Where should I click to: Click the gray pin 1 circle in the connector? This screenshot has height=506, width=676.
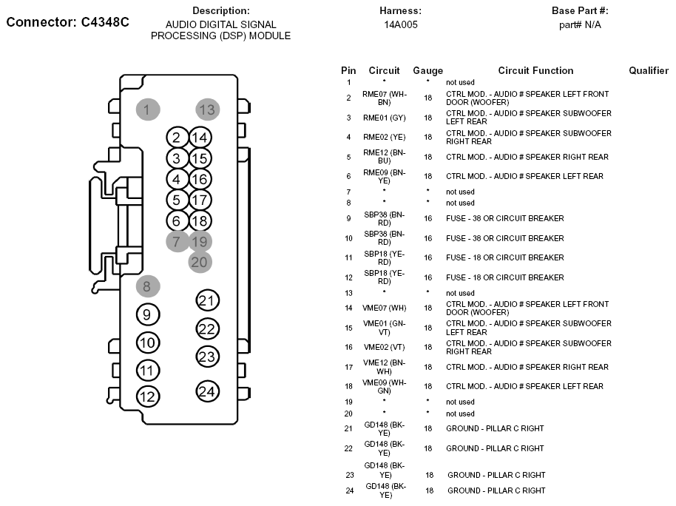[x=148, y=109]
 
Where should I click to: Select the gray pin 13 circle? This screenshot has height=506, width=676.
[x=208, y=109]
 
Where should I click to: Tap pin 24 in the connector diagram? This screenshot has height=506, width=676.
[x=207, y=391]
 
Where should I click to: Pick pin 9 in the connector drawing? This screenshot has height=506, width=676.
[x=148, y=315]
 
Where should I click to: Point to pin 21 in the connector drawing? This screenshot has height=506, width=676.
[x=207, y=300]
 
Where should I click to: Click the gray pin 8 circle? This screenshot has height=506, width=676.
[x=148, y=286]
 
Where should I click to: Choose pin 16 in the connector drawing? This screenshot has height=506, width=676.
[x=200, y=180]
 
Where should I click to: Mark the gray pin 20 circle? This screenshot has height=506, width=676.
[x=200, y=262]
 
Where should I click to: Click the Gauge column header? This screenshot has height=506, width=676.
[x=427, y=71]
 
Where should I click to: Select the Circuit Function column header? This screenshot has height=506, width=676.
[x=535, y=70]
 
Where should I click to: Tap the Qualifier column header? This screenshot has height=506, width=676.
[x=649, y=70]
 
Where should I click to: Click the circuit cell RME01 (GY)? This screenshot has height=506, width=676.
[x=384, y=118]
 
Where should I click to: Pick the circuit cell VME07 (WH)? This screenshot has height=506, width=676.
[x=384, y=308]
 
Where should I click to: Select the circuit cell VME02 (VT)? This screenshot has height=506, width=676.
[x=384, y=347]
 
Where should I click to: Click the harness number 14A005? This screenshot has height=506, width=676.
[x=401, y=24]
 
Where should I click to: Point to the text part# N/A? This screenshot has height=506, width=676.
[x=580, y=25]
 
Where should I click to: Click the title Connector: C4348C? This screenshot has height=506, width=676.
[x=68, y=22]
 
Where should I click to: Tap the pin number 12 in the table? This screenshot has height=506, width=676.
[x=349, y=277]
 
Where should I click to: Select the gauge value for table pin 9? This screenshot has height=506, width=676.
[x=427, y=218]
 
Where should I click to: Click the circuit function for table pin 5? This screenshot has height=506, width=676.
[x=527, y=157]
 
